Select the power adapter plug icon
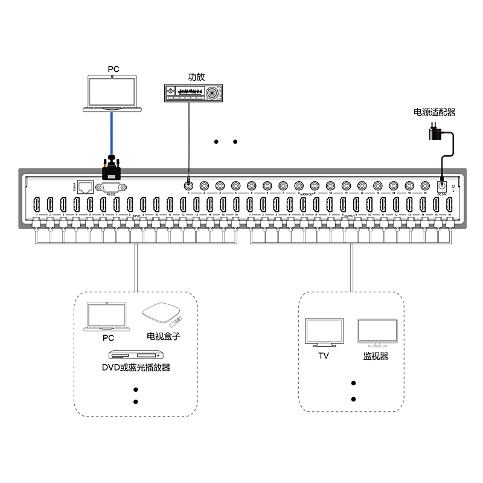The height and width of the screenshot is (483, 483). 434,130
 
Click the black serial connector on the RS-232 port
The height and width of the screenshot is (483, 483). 112,166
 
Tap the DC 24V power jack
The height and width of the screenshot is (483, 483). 442,186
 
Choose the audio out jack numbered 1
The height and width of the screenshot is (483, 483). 188,186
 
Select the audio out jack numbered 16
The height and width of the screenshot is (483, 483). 424,186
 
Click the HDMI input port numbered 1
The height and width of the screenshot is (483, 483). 37,205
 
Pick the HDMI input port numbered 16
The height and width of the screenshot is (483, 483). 237,205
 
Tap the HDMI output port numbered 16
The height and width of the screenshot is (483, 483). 449,205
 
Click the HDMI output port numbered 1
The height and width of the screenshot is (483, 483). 250,205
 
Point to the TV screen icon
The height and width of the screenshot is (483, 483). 324,333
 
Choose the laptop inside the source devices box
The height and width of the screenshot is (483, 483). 107,317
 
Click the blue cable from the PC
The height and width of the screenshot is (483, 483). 112,133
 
